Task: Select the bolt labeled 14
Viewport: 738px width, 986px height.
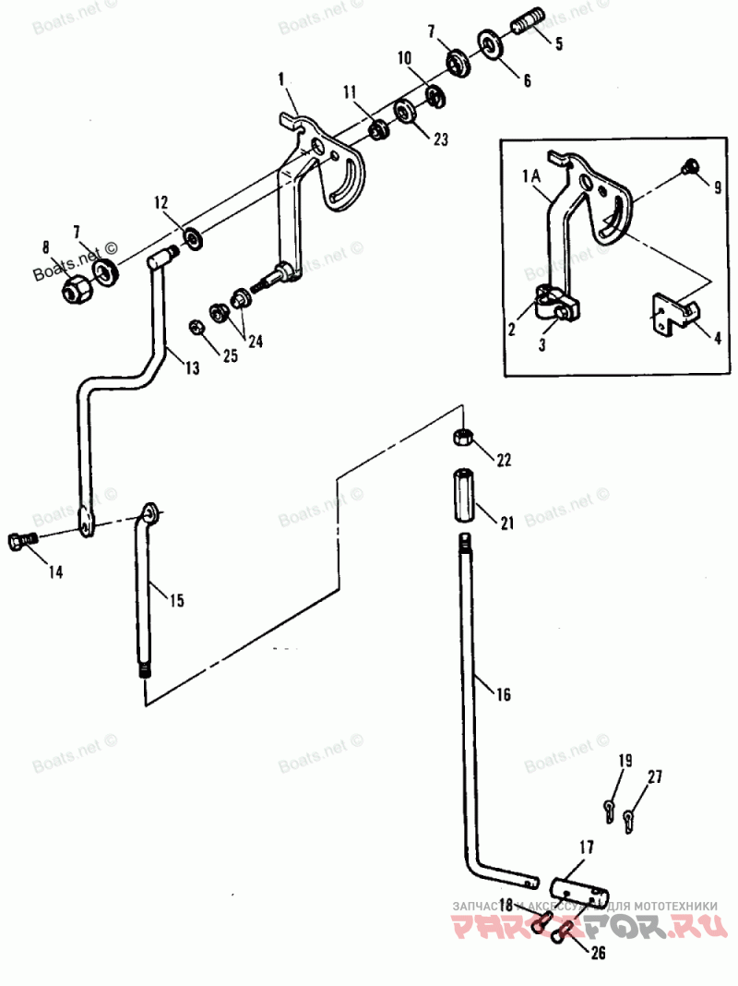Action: tap(18, 542)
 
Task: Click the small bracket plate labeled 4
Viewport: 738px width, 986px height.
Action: tap(672, 314)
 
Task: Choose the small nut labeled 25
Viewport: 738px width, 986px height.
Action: tap(196, 326)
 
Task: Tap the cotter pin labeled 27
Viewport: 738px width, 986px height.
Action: tap(630, 818)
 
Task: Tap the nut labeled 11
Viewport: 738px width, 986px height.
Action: tap(377, 130)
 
